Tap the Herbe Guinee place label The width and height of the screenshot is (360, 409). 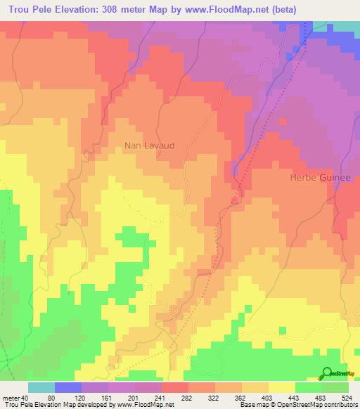tap(320, 178)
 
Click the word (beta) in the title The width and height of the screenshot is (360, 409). tap(281, 9)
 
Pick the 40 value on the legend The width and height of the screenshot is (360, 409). tap(25, 398)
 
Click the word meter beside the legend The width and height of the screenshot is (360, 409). tap(10, 398)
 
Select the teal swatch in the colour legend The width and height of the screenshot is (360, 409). tap(41, 387)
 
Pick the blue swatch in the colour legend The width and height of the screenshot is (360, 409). tap(67, 387)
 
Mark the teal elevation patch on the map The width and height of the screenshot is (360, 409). tap(343, 25)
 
